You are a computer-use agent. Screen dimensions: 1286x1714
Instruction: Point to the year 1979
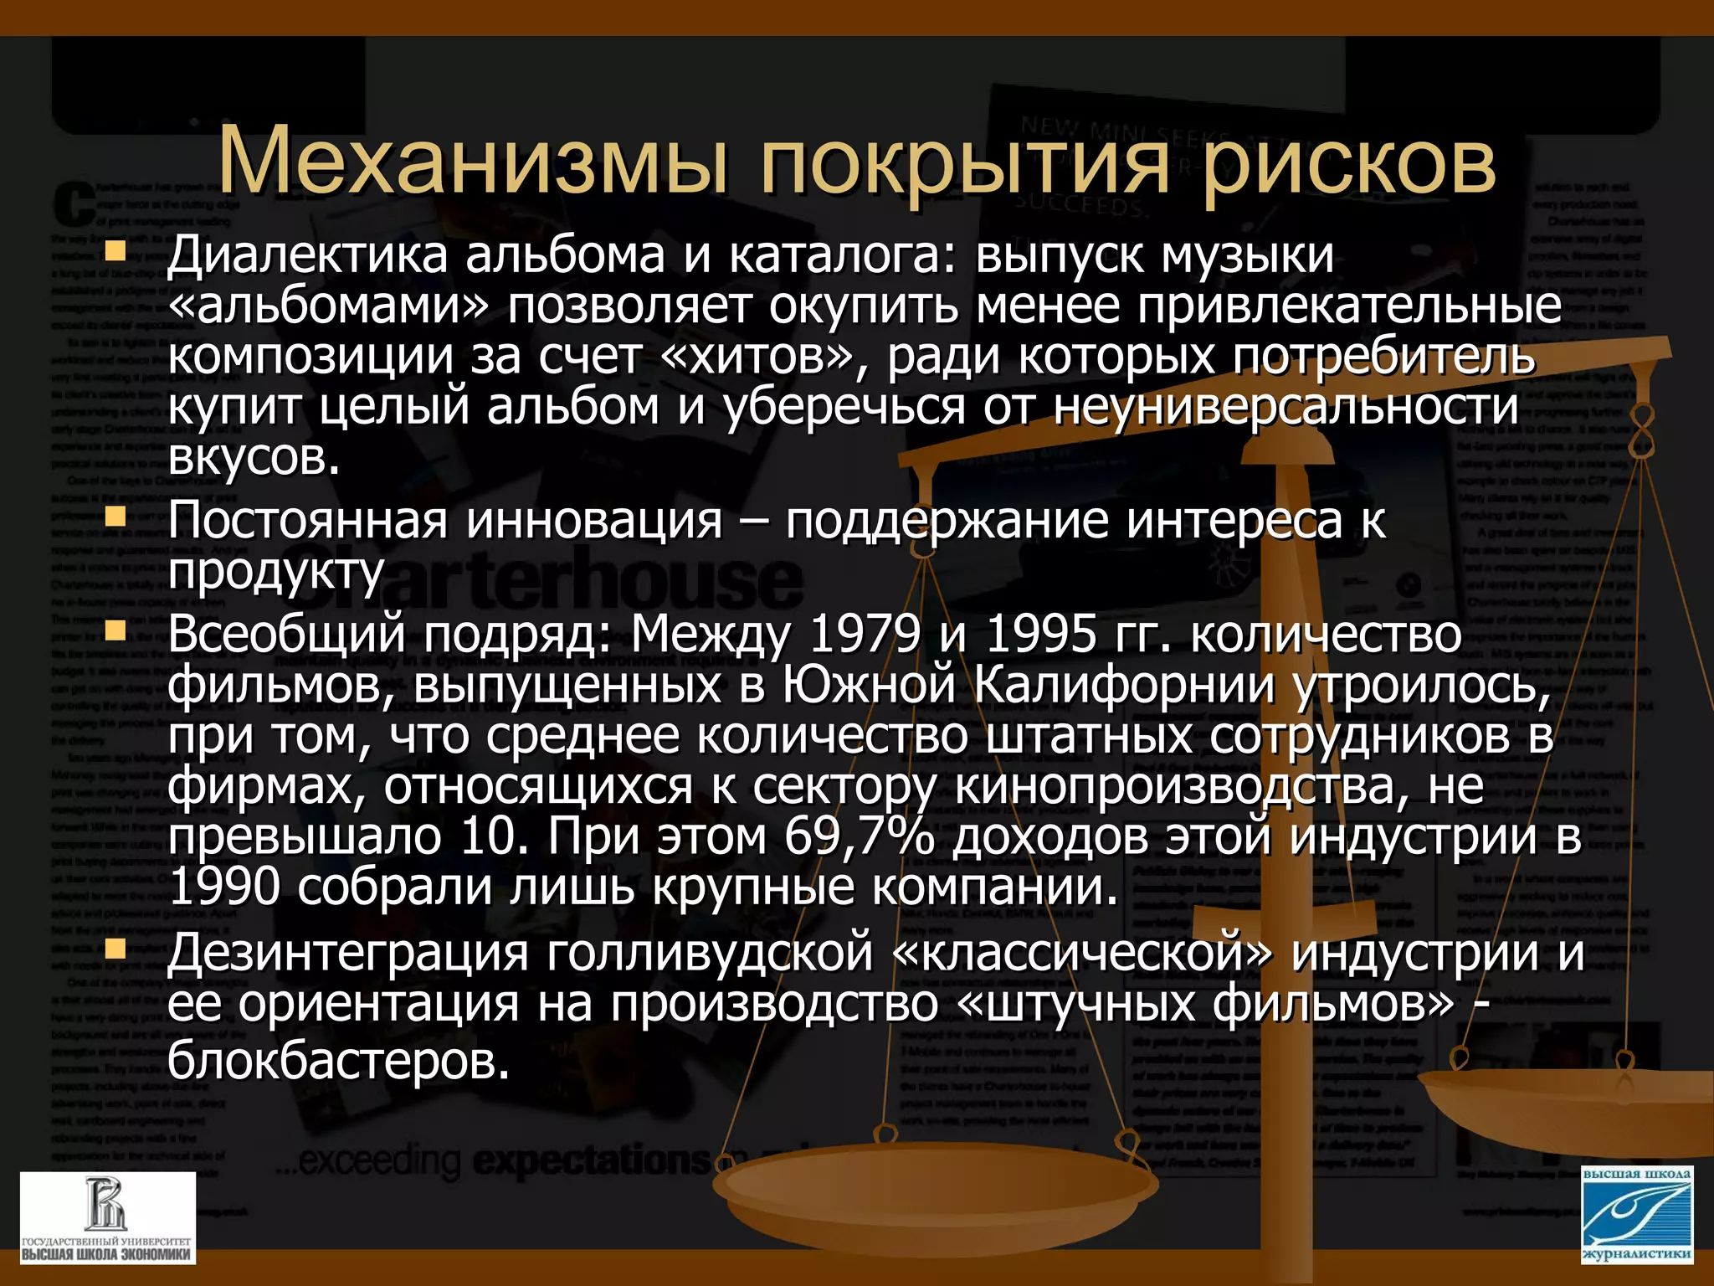pos(865,634)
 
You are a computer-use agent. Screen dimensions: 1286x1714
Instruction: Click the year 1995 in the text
pos(1040,634)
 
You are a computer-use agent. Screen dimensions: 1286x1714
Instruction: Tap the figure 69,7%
pos(859,836)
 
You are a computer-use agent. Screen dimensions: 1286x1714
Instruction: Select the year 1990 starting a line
pos(223,887)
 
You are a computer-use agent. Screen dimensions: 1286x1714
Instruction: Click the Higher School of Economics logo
pos(107,1218)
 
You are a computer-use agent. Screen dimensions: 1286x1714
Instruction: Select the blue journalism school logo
pos(1637,1216)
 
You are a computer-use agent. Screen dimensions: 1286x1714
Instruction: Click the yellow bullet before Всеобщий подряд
pos(115,630)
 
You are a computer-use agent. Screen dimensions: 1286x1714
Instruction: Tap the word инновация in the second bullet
pos(593,521)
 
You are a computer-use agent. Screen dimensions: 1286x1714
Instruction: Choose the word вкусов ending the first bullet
pos(254,458)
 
